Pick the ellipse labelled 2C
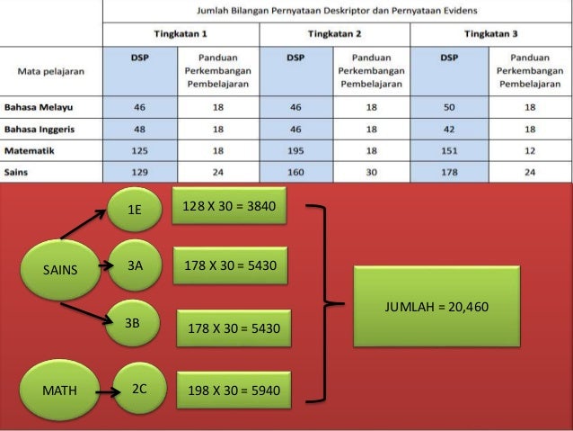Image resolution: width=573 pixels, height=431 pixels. pos(139,390)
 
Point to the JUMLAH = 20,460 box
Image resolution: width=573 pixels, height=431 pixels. pos(436,307)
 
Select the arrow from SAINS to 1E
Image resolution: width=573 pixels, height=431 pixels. pos(85,226)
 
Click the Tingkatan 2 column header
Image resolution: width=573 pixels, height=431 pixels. pos(334,33)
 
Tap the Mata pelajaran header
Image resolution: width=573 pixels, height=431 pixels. pos(53,69)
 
